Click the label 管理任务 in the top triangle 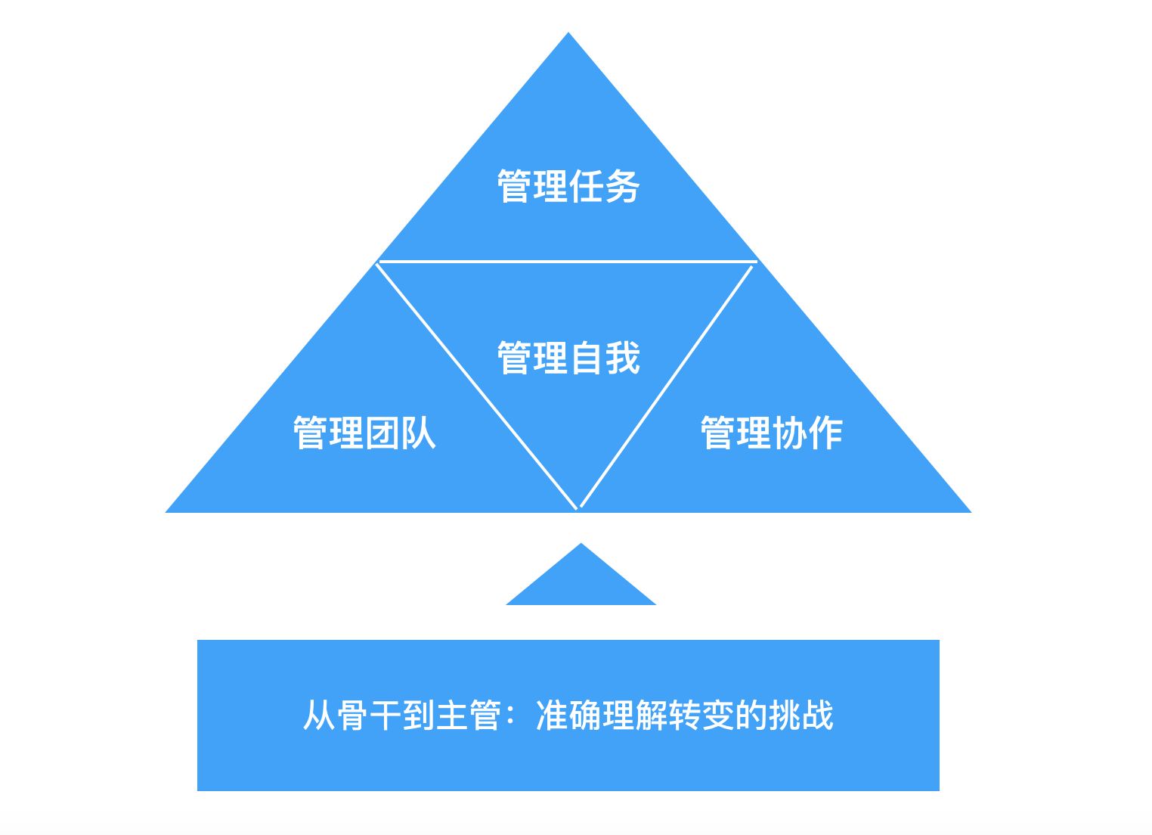[x=568, y=186]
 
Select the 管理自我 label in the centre [x=568, y=358]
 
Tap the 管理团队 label [x=364, y=433]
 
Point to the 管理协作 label [x=771, y=433]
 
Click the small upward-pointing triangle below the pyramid [x=581, y=582]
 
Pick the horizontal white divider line [x=567, y=262]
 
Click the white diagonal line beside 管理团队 [x=476, y=386]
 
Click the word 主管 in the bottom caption [x=469, y=715]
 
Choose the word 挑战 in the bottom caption [x=801, y=715]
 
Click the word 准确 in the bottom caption [x=568, y=715]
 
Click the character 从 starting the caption [x=319, y=715]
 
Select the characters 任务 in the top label [x=605, y=186]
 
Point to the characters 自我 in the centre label [x=605, y=358]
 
